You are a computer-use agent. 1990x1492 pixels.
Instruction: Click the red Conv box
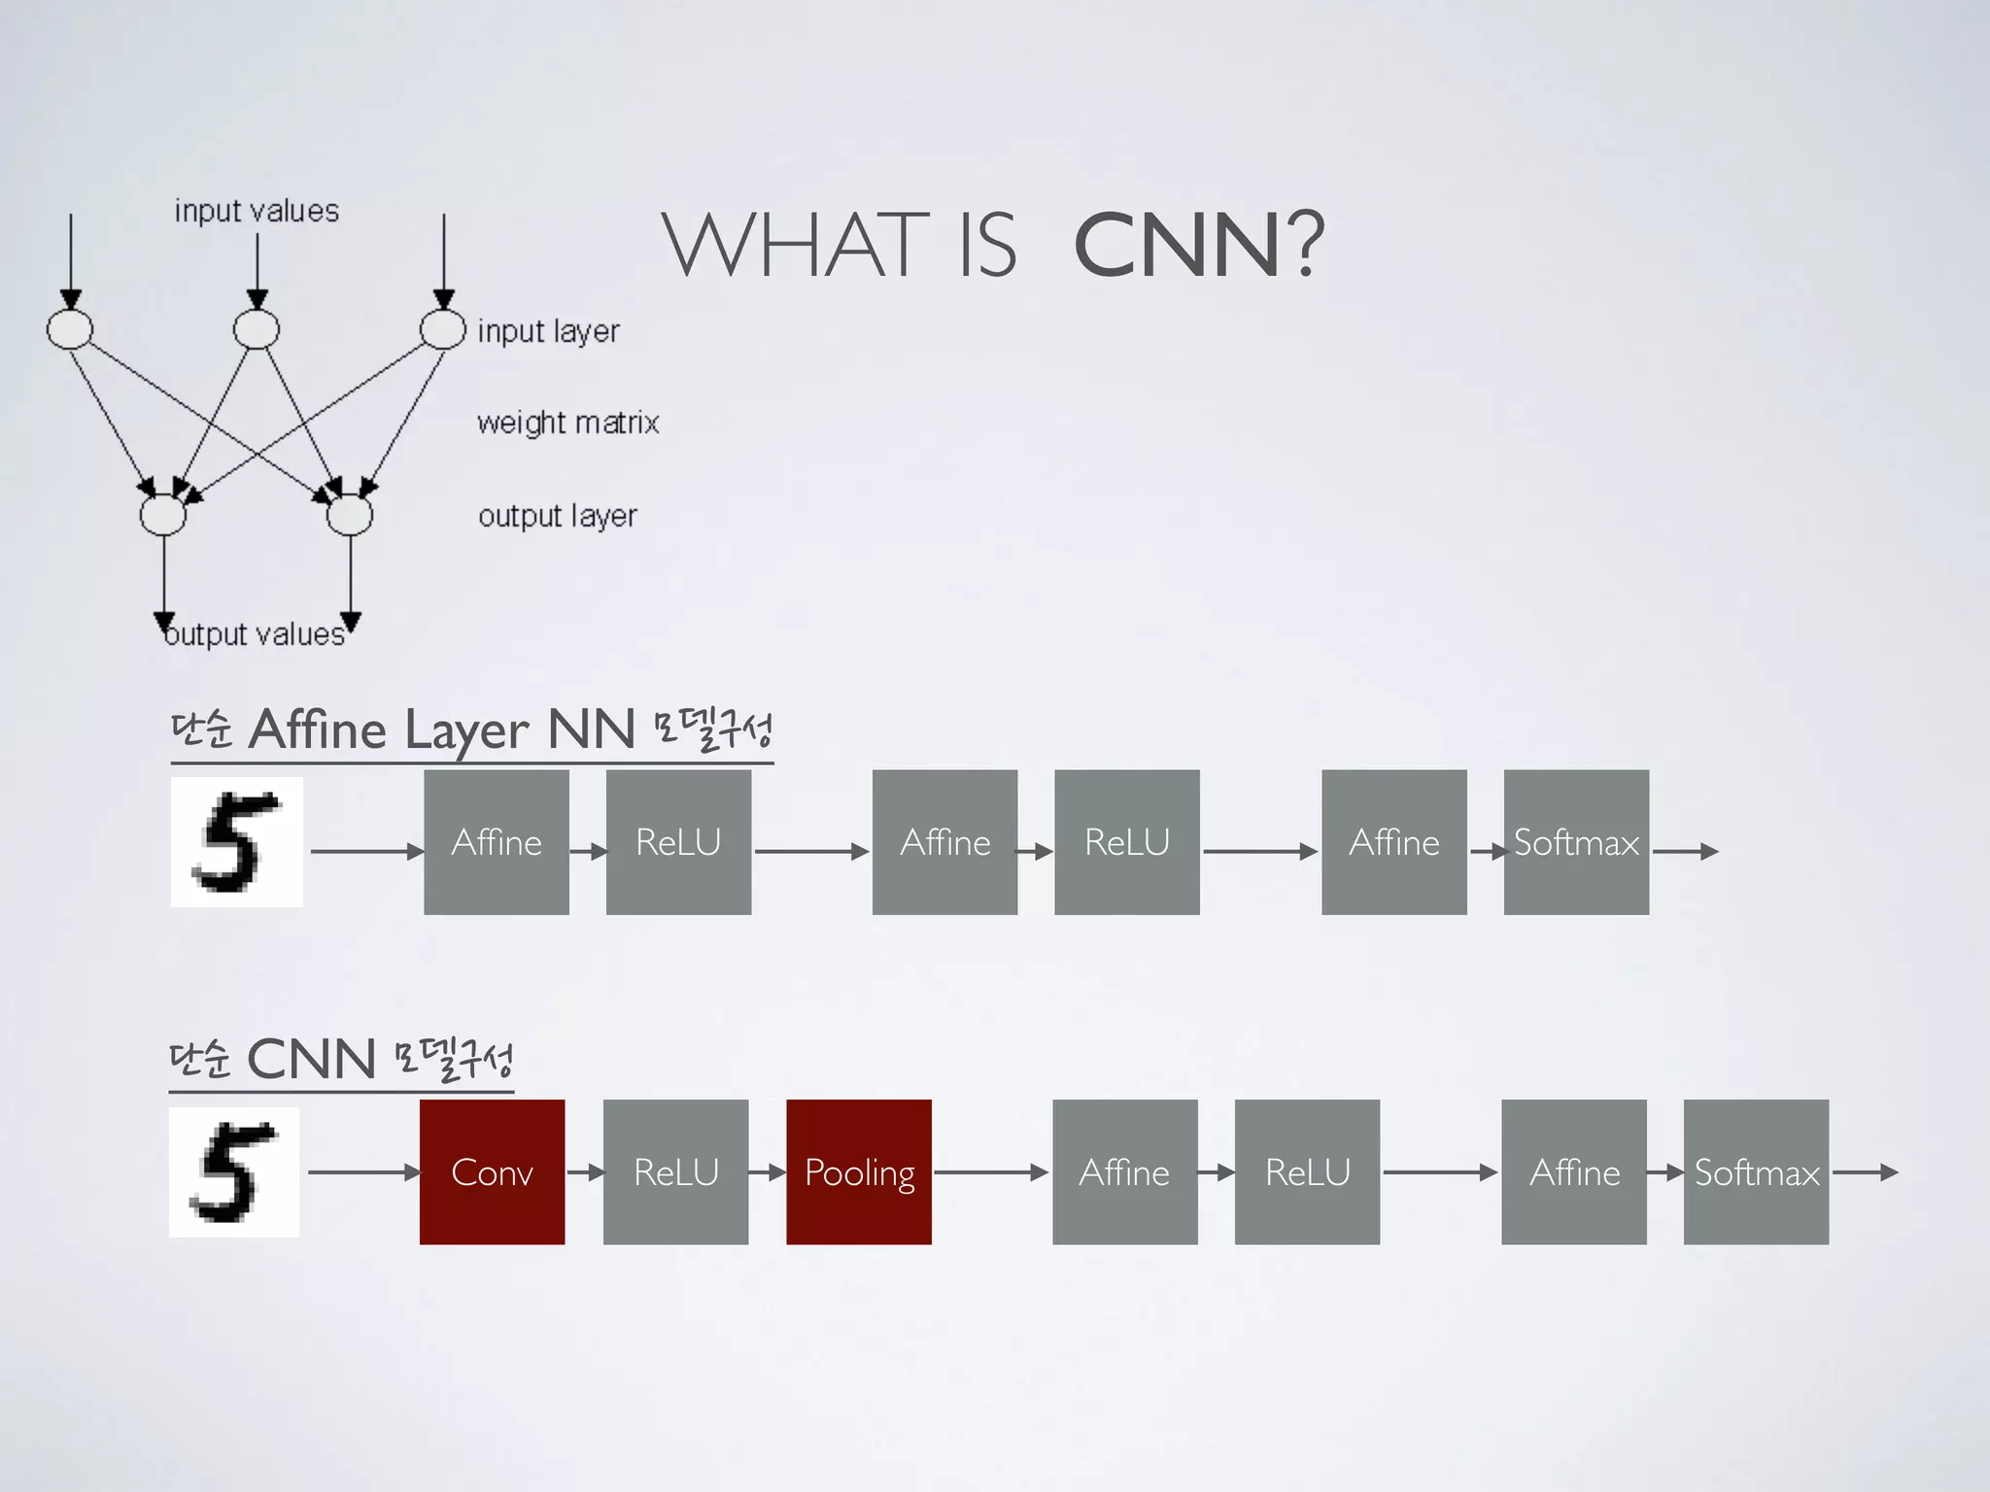492,1171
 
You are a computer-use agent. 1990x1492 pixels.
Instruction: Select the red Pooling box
859,1171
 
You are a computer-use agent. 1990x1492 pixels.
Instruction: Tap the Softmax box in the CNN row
1756,1171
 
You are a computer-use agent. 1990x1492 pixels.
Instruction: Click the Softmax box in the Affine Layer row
1576,842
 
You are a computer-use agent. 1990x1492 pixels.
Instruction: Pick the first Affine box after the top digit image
497,842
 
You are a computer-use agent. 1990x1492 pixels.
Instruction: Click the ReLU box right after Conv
675,1171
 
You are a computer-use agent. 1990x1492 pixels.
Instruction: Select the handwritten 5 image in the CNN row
234,1171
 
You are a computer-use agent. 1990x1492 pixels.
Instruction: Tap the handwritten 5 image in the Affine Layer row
237,842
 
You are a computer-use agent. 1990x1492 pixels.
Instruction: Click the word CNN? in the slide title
1199,245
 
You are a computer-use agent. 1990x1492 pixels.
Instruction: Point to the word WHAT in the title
795,245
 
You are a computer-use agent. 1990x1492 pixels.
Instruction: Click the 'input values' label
257,211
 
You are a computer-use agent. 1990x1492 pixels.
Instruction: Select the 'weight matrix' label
567,423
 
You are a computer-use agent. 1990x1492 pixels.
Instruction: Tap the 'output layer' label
557,516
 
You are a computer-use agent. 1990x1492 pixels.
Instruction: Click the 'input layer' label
548,331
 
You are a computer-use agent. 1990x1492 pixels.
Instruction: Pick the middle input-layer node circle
257,329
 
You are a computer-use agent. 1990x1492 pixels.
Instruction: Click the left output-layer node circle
163,515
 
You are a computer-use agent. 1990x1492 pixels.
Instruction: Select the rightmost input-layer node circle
443,329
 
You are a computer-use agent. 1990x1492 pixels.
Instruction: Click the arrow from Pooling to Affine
991,1172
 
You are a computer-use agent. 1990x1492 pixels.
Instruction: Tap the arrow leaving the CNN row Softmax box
1864,1172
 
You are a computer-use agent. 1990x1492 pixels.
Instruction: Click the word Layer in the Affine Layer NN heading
466,730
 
